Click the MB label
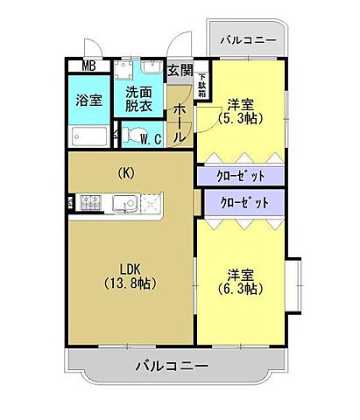point(89,66)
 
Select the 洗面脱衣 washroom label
point(139,98)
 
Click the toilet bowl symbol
point(131,136)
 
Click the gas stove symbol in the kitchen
point(92,203)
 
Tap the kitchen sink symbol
point(123,204)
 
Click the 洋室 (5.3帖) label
point(237,108)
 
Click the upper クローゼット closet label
point(240,175)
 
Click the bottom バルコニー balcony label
point(171,365)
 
